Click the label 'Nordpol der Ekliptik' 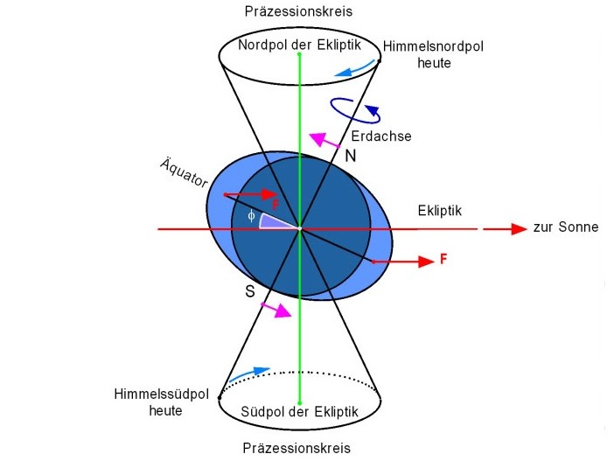click(x=300, y=44)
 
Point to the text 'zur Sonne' click(x=565, y=227)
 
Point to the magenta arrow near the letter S click(x=279, y=310)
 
